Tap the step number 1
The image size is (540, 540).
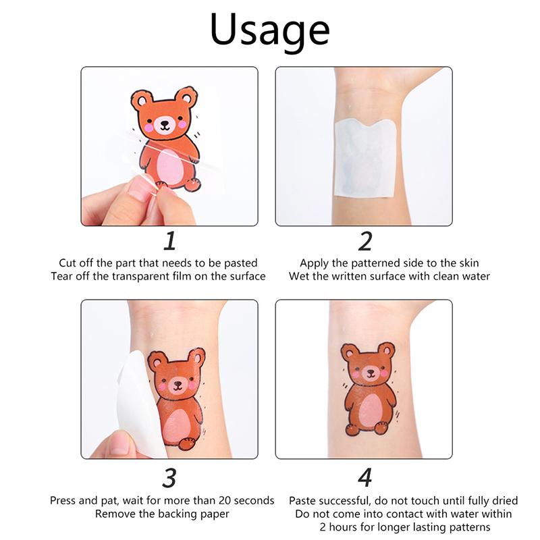click(x=170, y=241)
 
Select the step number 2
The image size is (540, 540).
click(x=365, y=241)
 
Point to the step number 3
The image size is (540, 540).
click(x=169, y=478)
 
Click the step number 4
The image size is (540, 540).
click(x=365, y=478)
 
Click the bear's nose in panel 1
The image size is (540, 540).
click(x=165, y=123)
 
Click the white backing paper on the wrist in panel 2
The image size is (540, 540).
click(x=366, y=158)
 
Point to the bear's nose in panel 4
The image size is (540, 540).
click(x=370, y=372)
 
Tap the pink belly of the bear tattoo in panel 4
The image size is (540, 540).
click(x=371, y=412)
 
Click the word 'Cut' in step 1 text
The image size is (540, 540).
click(x=67, y=263)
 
